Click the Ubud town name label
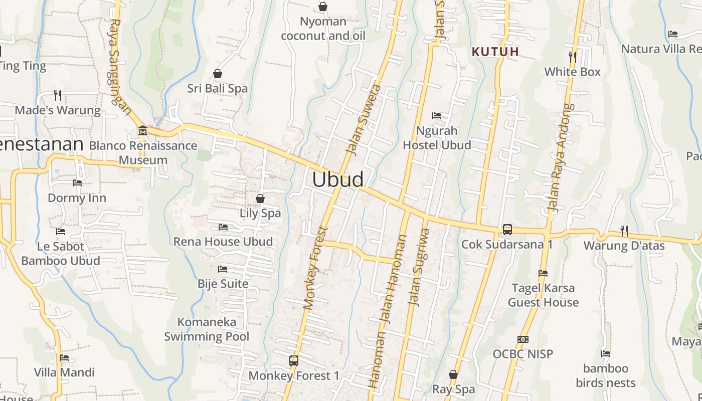[x=338, y=179]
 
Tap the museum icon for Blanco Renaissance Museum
[x=143, y=130]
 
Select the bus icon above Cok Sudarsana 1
[x=507, y=230]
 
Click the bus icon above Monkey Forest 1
[x=294, y=360]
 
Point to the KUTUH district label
[x=495, y=52]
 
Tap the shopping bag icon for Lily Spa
[x=260, y=198]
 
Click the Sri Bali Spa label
[x=218, y=88]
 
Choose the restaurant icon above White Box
[x=573, y=57]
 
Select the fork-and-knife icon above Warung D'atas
[x=624, y=231]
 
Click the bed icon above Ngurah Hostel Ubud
[x=437, y=116]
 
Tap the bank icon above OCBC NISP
[x=523, y=339]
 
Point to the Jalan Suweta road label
[x=364, y=119]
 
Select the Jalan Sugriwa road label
[x=420, y=267]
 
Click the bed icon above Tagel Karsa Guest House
[x=543, y=273]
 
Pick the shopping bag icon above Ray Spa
[x=453, y=374]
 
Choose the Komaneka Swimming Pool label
[x=207, y=329]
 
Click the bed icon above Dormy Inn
[x=77, y=183]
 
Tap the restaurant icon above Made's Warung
[x=58, y=95]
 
